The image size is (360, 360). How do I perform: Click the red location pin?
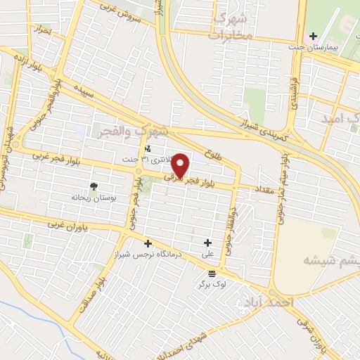tap(181, 166)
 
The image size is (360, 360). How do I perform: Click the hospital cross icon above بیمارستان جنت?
tap(313, 35)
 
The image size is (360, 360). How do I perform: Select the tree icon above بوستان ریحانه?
tap(94, 186)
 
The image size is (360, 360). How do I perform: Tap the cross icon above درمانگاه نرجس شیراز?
tap(148, 243)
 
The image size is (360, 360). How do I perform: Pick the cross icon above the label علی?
tap(207, 243)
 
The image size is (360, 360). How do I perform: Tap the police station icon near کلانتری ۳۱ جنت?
tap(147, 148)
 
